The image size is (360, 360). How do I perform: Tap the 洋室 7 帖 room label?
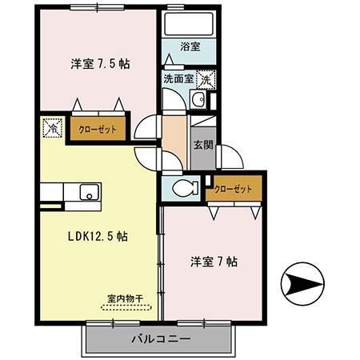(214, 261)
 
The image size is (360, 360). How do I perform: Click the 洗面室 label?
(178, 78)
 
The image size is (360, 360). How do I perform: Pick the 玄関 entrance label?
(203, 146)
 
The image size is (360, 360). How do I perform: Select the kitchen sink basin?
(87, 193)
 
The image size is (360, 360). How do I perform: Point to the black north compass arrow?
(305, 284)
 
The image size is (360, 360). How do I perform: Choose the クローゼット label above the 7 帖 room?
(233, 189)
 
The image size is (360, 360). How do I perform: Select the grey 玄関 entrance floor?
(203, 159)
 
